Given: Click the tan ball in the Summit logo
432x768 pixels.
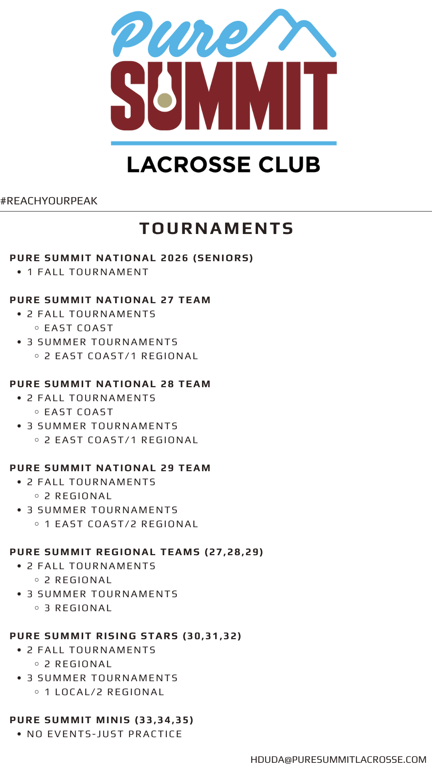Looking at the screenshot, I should tap(164, 100).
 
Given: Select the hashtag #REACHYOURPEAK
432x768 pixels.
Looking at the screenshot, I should tap(49, 201).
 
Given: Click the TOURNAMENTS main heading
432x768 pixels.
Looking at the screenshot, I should tap(216, 229).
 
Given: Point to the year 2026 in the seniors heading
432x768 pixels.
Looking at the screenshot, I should tap(174, 258).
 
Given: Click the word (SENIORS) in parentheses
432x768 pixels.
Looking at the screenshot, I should tap(223, 258).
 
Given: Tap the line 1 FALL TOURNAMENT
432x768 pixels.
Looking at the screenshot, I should tap(88, 272).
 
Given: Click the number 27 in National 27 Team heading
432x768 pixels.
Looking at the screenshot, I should tap(167, 300).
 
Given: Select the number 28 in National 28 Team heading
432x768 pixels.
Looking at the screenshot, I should tap(167, 384).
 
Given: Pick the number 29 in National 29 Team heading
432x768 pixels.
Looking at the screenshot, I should tap(167, 468).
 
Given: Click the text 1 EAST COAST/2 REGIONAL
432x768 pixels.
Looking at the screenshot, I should tap(121, 524).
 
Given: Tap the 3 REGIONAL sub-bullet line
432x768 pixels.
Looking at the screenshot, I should tap(78, 608).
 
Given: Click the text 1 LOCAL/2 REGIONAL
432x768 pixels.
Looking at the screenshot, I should tap(104, 692).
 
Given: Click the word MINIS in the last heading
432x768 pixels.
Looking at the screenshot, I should tap(113, 720).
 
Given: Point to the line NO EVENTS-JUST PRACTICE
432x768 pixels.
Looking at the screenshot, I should tap(104, 734).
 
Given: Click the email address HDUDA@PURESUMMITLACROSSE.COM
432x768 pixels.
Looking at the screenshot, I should tap(338, 760).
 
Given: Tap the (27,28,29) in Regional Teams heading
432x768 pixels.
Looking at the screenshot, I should tap(234, 552).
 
